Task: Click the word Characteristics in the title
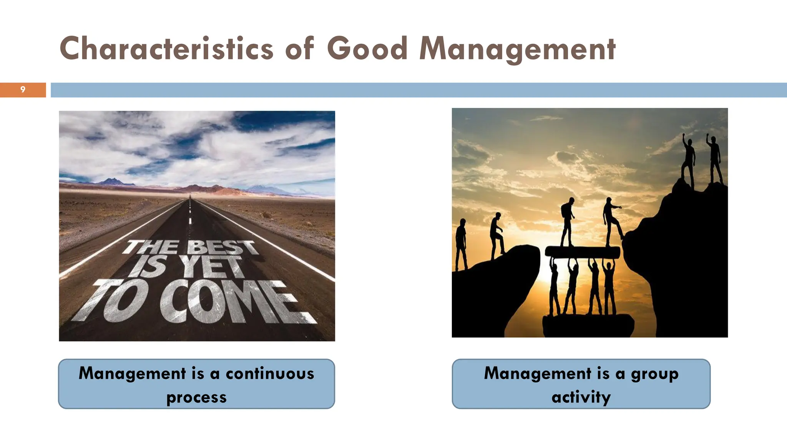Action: [x=166, y=49]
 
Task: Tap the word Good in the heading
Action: [x=367, y=49]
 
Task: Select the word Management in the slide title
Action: [x=517, y=49]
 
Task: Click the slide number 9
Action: [x=23, y=90]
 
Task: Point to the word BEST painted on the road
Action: [x=222, y=247]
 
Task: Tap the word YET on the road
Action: [x=212, y=266]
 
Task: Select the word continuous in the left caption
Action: [x=270, y=373]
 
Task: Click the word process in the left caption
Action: [x=196, y=397]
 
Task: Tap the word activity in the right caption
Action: [x=581, y=397]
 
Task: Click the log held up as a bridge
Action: [x=582, y=252]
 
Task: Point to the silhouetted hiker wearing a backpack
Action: [x=567, y=221]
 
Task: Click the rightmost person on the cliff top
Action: [x=715, y=160]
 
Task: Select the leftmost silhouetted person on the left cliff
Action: [x=461, y=244]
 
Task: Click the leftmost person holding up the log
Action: [x=554, y=286]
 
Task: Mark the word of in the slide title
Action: [x=300, y=49]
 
